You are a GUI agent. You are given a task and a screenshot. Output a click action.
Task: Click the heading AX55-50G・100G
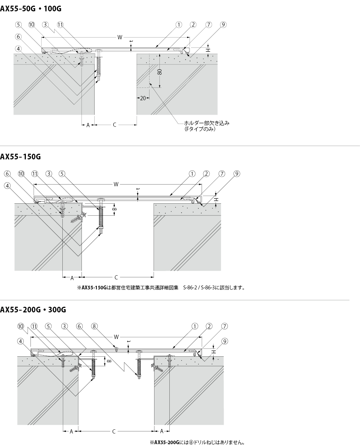pos(31,9)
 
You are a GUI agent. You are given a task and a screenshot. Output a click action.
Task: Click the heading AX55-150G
pos(20,157)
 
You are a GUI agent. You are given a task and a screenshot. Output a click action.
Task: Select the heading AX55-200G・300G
pos(33,310)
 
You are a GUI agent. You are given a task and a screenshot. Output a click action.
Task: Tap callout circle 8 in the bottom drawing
pos(94,326)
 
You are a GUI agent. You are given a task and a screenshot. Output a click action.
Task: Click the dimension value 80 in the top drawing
pos(160,72)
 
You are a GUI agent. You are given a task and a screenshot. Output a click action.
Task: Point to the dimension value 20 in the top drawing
pos(143,98)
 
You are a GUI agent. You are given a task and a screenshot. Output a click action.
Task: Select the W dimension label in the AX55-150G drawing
pos(116,184)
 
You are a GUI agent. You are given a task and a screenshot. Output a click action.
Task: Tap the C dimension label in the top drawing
pos(114,125)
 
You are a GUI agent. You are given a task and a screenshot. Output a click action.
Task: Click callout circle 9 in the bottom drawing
pos(225,341)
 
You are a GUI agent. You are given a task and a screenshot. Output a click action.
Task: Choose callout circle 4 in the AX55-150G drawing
pos(7,186)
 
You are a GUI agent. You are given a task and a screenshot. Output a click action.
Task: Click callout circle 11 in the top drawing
pos(60,25)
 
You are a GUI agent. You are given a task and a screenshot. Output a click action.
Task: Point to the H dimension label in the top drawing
pos(208,50)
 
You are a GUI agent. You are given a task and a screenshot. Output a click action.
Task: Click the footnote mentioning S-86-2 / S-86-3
pos(161,288)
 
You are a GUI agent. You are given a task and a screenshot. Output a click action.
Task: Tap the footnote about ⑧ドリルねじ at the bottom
pos(197,442)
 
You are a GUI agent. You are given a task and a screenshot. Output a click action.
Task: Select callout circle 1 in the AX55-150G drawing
pos(192,174)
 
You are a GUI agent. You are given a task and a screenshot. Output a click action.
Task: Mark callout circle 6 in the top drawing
pos(18,37)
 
